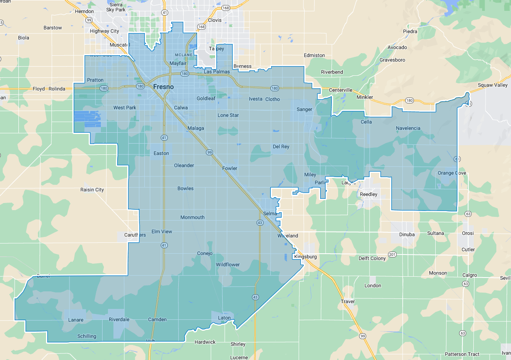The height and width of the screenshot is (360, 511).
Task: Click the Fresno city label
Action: pos(163,87)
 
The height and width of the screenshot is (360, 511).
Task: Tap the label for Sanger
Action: pos(304,109)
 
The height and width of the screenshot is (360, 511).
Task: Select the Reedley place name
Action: pos(369,194)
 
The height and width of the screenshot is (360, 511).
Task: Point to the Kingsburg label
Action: pos(306,257)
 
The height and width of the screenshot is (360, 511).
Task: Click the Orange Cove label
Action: pos(452,173)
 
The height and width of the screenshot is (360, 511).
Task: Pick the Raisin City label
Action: pos(92,190)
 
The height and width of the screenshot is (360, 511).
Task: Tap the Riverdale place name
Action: pos(119,319)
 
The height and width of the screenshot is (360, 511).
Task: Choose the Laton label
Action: pos(224,318)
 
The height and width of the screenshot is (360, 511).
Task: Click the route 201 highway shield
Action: pos(392,255)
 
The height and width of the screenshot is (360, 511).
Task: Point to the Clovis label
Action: pos(215,20)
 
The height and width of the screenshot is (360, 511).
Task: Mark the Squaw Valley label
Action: pos(493,85)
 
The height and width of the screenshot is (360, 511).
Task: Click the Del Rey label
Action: pos(281,147)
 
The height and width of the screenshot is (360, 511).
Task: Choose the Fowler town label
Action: pos(230,168)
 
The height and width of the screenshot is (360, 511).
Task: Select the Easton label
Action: pos(161,153)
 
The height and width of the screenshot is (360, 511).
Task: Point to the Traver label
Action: pos(348,301)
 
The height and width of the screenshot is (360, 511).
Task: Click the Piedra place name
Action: pos(410,31)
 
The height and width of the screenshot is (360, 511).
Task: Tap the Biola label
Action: pos(24,38)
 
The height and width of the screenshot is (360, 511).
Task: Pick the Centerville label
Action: pos(341,90)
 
